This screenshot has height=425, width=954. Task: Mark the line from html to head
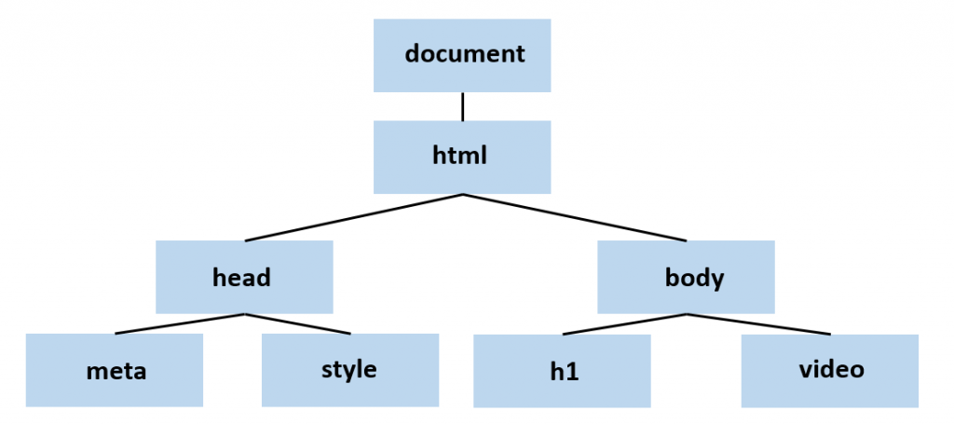pyautogui.click(x=354, y=218)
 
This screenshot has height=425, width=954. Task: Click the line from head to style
pyautogui.click(x=298, y=323)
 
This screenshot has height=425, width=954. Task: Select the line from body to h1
pyautogui.click(x=624, y=323)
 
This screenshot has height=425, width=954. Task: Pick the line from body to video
pyautogui.click(x=758, y=323)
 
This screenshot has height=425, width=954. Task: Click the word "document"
pyautogui.click(x=465, y=53)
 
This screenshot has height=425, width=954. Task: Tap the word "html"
pyautogui.click(x=460, y=155)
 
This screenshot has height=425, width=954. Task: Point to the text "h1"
pyautogui.click(x=564, y=372)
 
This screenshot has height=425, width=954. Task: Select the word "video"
pyautogui.click(x=831, y=369)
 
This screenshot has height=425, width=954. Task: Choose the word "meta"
pyautogui.click(x=116, y=371)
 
